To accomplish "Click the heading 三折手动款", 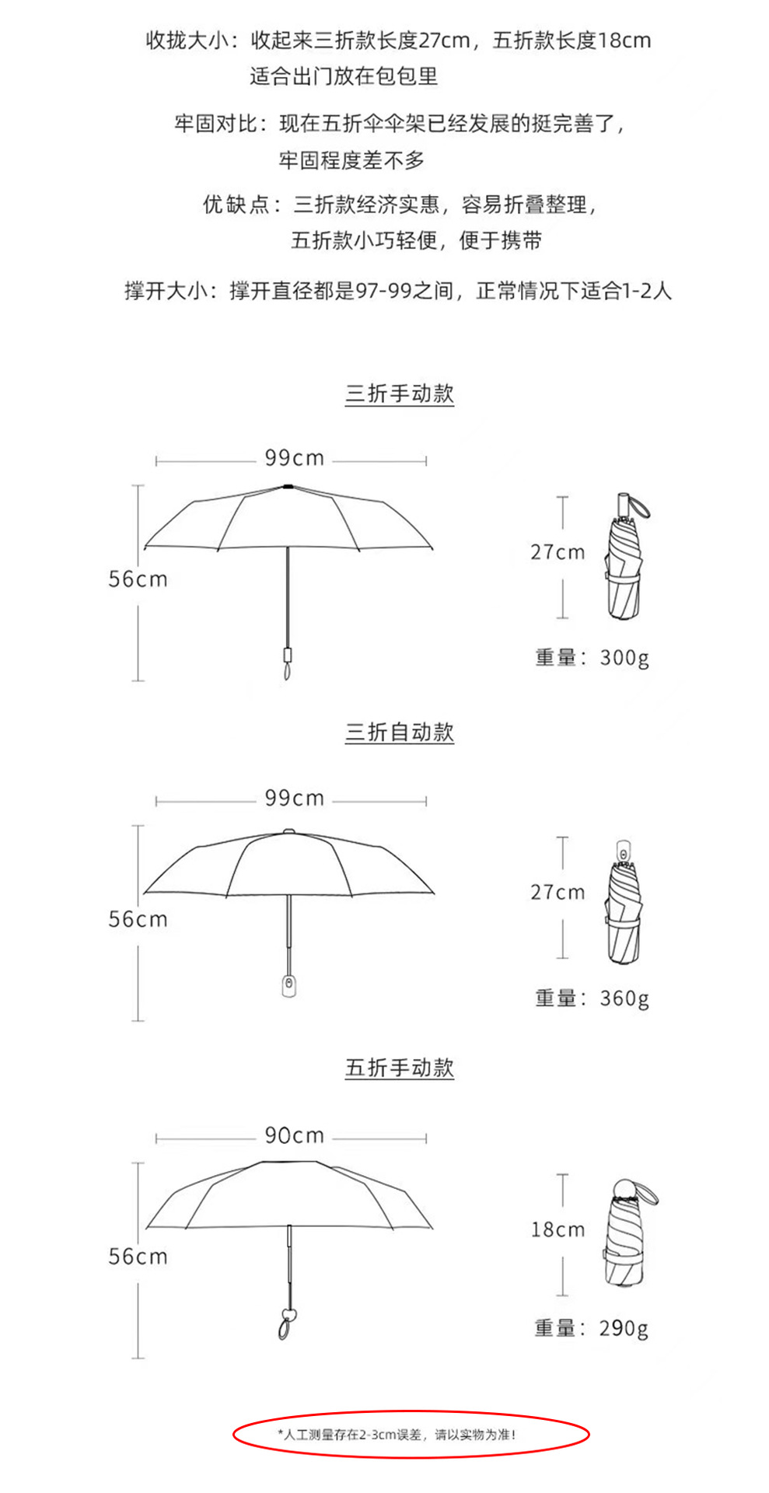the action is [x=399, y=393].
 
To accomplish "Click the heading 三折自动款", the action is [x=399, y=733].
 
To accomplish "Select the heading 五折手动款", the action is [x=399, y=1068].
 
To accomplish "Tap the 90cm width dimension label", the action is [x=294, y=1136].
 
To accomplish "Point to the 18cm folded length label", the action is [x=558, y=1229].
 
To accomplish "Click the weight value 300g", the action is [x=624, y=658].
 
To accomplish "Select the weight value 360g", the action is [x=624, y=998].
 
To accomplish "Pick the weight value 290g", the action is [x=624, y=1328].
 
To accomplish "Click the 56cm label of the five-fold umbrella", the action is [x=138, y=1257].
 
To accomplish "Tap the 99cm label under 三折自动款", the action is [x=294, y=799].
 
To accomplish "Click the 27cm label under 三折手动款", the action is [x=558, y=552].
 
